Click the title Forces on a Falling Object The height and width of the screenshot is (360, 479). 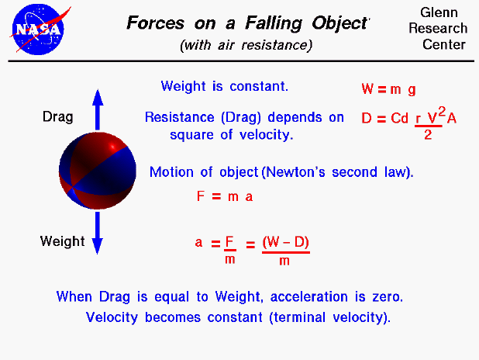(x=246, y=22)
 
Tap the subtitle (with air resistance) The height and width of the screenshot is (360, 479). (x=246, y=45)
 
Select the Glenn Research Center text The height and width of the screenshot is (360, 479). (x=444, y=29)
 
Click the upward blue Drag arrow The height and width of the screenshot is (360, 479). (x=98, y=109)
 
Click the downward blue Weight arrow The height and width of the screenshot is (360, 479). (x=98, y=233)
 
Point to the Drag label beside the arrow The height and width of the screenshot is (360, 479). (x=58, y=118)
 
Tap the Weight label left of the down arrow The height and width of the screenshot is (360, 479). (x=61, y=241)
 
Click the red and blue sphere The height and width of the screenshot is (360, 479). (x=97, y=171)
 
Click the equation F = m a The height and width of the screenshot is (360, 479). (x=225, y=197)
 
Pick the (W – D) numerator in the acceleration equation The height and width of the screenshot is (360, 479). (x=285, y=242)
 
